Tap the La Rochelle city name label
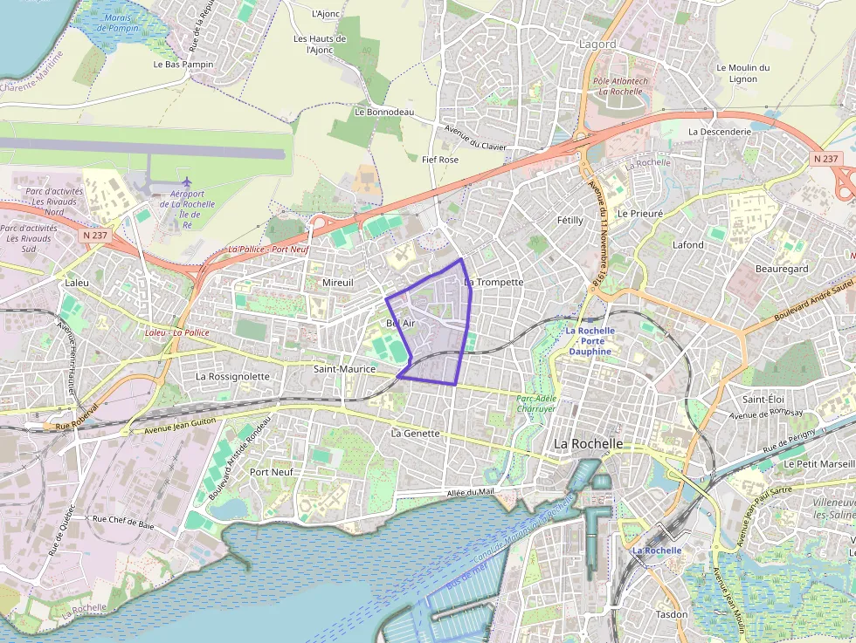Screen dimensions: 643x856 pyautogui.click(x=589, y=443)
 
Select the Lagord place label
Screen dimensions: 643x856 pyautogui.click(x=597, y=44)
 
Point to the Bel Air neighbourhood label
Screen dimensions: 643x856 pyautogui.click(x=400, y=323)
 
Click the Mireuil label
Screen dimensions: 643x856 pyautogui.click(x=338, y=283)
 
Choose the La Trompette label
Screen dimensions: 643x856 pyautogui.click(x=494, y=282)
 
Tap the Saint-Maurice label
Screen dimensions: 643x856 pyautogui.click(x=344, y=369)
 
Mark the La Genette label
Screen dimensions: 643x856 pyautogui.click(x=416, y=433)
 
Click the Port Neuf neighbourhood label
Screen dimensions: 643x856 pyautogui.click(x=272, y=471)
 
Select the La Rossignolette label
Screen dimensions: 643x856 pyautogui.click(x=233, y=376)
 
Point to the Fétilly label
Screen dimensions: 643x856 pyautogui.click(x=570, y=221)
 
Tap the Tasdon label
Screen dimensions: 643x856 pyautogui.click(x=671, y=614)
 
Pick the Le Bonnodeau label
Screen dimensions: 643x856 pyautogui.click(x=384, y=112)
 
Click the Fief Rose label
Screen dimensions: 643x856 pyautogui.click(x=440, y=160)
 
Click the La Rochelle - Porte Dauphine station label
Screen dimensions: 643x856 pyautogui.click(x=590, y=340)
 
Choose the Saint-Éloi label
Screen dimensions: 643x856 pyautogui.click(x=762, y=399)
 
